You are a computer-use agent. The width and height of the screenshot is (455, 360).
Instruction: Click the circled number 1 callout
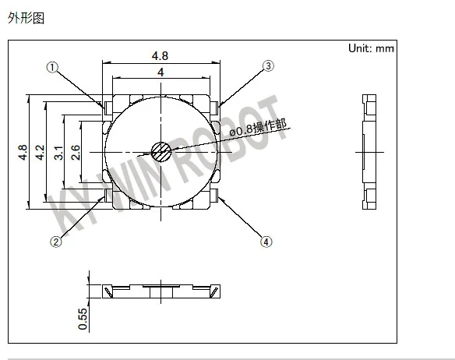tap(52, 68)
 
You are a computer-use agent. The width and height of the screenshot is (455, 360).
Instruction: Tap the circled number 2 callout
tap(56, 242)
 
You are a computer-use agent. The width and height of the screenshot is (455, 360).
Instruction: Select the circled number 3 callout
tap(268, 66)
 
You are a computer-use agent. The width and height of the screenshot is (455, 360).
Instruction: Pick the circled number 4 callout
tap(266, 242)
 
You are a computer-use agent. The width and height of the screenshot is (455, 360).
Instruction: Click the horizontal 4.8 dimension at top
tap(160, 55)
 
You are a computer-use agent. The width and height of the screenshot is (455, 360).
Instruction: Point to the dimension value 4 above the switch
tap(160, 72)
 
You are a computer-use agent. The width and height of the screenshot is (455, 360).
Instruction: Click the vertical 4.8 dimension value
tap(23, 152)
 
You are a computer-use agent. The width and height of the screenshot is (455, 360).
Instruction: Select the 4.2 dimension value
tap(40, 152)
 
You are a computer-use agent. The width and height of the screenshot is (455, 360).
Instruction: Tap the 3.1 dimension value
tap(58, 153)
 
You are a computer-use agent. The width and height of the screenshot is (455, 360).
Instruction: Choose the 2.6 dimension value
tap(75, 153)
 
